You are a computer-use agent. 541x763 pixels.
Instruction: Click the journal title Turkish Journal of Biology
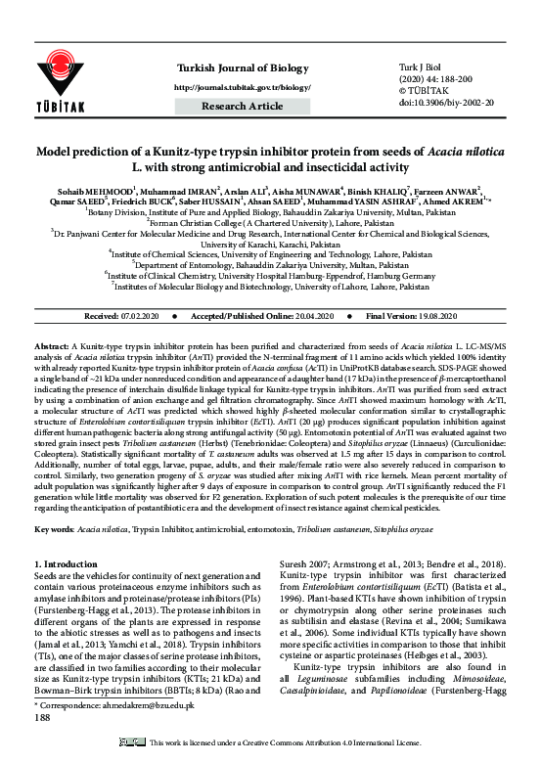(x=234, y=67)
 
